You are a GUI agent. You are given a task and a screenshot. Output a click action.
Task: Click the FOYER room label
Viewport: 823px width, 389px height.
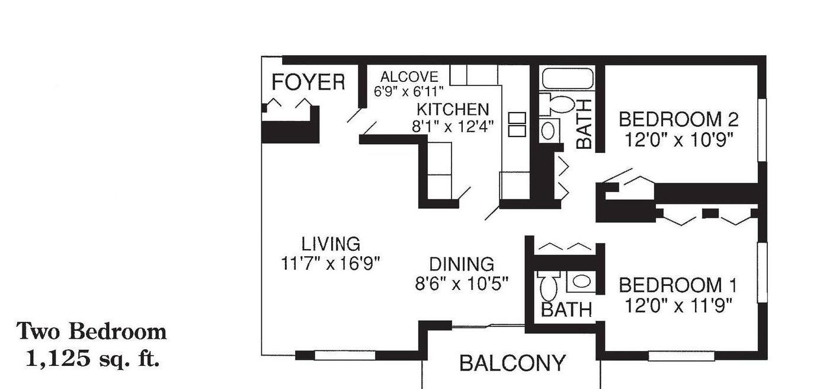coord(308,82)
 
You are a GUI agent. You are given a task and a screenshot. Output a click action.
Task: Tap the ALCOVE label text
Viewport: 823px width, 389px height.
coord(409,77)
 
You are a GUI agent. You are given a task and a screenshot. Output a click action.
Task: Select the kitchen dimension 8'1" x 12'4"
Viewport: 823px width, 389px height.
coord(452,126)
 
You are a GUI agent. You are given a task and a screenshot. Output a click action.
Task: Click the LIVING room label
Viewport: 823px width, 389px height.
coord(331,244)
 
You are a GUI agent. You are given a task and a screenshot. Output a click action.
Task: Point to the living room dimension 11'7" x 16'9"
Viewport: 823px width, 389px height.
coord(330,263)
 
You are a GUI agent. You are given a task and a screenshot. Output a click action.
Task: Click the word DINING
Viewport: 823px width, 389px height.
coord(462,264)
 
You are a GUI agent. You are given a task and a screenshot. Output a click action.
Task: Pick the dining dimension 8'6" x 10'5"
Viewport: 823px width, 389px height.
coord(462,283)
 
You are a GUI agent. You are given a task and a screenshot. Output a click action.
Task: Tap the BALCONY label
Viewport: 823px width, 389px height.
coord(513,364)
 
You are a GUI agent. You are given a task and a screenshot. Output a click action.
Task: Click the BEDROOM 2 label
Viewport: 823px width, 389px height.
coord(678,120)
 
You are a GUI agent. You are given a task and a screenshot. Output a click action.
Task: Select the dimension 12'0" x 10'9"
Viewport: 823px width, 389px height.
coord(678,140)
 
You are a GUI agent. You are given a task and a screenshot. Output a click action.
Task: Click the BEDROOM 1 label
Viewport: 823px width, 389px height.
coord(678,285)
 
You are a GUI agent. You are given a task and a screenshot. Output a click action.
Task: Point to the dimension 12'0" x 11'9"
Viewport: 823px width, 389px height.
coord(678,305)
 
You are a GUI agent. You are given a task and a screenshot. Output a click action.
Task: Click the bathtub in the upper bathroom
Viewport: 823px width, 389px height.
coord(568,79)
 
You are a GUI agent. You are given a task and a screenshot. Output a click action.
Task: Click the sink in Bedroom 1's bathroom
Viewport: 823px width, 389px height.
coord(581,282)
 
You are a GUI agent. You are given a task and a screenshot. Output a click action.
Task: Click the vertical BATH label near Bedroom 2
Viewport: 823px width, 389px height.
coord(584,124)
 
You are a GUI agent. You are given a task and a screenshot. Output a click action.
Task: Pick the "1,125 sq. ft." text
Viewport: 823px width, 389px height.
coord(92,358)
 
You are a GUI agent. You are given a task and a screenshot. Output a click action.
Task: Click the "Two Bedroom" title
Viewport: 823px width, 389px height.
coord(91,331)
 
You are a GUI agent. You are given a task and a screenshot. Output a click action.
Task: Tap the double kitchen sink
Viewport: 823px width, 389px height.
coord(517,125)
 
